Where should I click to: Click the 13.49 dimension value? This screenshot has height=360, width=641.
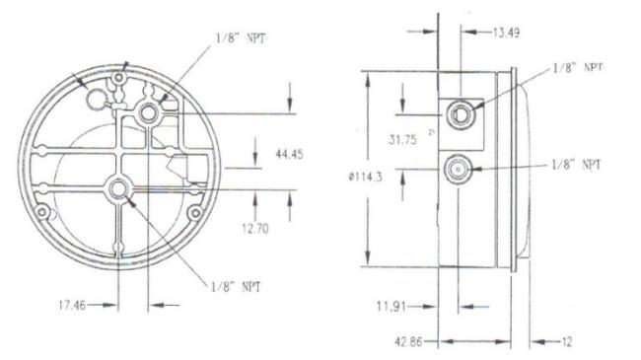[x=506, y=33]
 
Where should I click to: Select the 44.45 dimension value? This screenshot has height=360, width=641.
[x=289, y=154]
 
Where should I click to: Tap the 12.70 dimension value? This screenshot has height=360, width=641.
[x=255, y=228]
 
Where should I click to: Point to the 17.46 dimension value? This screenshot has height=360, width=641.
[x=72, y=305]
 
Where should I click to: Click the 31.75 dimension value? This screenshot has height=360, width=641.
[x=402, y=140]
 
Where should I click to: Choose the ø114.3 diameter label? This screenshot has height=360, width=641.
[x=366, y=178]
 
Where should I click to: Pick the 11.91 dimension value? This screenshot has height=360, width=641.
[x=392, y=307]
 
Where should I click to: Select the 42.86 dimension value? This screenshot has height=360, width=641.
[x=408, y=341]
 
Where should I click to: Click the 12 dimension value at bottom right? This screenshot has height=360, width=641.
[x=567, y=341]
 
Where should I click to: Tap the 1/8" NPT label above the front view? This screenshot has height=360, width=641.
[x=241, y=38]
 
